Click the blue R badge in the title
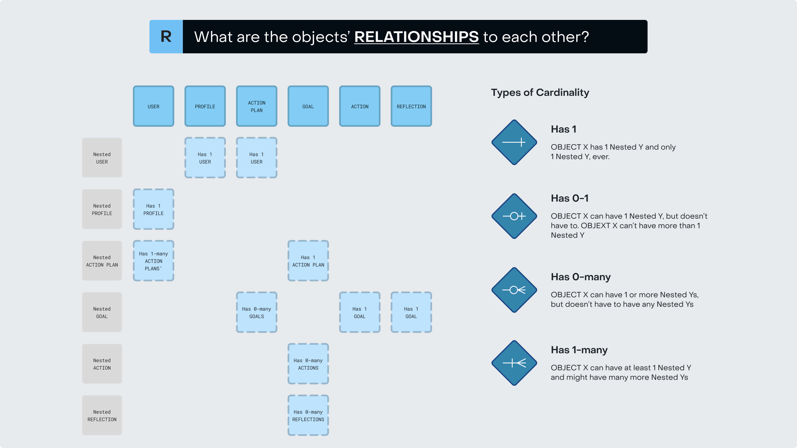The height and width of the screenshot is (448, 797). point(166,37)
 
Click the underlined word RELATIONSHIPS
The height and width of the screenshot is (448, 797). point(416,37)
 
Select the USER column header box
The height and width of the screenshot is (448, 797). point(153,106)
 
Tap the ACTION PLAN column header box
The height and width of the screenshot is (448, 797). point(257,106)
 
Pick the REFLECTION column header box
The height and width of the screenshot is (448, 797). point(411,106)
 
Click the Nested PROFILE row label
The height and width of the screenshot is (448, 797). point(102,209)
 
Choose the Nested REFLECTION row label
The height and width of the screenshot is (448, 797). point(102,415)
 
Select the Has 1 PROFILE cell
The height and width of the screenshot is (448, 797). point(153,209)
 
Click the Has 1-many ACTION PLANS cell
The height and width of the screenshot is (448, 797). point(153,261)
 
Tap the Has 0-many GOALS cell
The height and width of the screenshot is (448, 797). point(257,312)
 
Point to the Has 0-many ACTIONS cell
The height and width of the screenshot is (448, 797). point(308,364)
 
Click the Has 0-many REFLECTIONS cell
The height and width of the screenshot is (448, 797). point(308,415)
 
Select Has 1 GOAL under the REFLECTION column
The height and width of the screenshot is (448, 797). point(411,312)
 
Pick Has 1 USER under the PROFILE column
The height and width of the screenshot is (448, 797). point(205,158)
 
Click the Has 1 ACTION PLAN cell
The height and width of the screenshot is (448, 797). point(308,261)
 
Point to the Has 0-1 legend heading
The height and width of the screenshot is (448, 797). point(570,198)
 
